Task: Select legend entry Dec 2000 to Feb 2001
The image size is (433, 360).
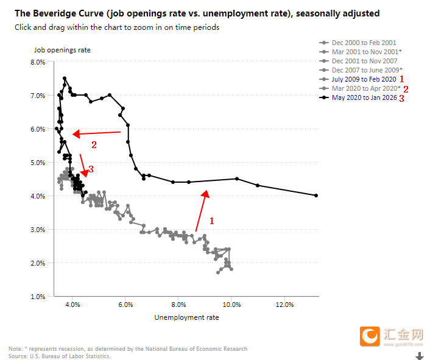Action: (x=364, y=43)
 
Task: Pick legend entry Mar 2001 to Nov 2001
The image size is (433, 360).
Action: (x=367, y=52)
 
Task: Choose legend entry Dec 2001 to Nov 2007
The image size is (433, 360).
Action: (x=364, y=61)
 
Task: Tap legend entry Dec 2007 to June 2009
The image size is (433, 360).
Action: (x=367, y=70)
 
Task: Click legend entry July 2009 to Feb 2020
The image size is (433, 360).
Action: (x=364, y=79)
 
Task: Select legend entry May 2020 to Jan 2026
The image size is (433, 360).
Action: (x=364, y=97)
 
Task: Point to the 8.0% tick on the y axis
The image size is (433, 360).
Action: (x=38, y=62)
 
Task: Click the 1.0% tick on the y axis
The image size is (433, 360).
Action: (x=38, y=297)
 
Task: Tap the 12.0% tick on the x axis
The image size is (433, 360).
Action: (x=284, y=304)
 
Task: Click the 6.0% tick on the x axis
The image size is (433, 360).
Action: (x=125, y=304)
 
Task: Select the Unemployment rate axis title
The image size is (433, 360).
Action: (x=186, y=317)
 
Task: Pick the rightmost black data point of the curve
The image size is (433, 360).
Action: (x=317, y=196)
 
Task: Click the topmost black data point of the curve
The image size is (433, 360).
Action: (x=64, y=79)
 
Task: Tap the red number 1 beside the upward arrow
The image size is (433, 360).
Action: (x=211, y=220)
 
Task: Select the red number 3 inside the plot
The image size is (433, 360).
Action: (x=91, y=169)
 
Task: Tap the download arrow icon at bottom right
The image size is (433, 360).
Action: (x=419, y=356)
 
